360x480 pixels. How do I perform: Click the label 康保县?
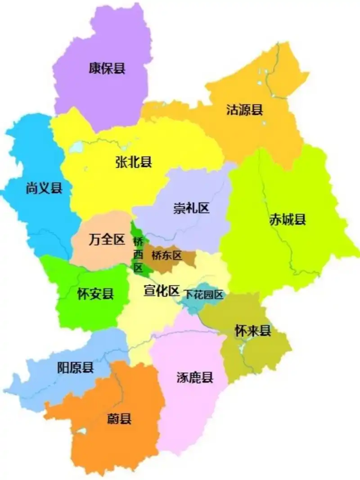(107, 68)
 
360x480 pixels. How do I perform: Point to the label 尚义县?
(44, 188)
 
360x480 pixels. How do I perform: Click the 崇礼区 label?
(192, 208)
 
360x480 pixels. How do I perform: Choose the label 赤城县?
(288, 220)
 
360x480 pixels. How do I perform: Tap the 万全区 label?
(107, 240)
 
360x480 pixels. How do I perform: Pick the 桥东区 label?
(167, 256)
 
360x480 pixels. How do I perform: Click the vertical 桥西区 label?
(138, 254)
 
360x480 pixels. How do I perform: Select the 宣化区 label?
(161, 291)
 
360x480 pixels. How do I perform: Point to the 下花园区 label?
(203, 295)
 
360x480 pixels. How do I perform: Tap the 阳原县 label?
(76, 368)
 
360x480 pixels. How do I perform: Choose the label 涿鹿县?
(195, 377)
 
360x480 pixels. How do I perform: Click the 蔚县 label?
(119, 419)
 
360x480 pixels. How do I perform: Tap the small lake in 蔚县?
(81, 431)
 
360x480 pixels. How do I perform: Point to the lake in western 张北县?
(76, 147)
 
